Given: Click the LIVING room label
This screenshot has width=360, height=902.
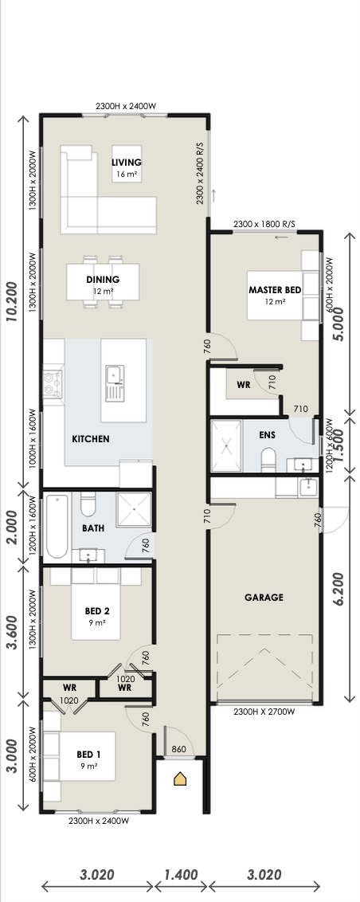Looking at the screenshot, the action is tap(127, 163).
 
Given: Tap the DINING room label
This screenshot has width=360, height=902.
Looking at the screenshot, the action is tap(103, 280).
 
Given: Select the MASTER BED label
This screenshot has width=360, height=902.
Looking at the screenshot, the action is tap(275, 290).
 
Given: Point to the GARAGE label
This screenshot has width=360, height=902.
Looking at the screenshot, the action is tap(264, 598).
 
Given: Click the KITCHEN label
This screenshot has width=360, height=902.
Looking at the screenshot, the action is tap(90, 439).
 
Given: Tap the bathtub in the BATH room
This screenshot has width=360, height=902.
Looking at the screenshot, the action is tap(57, 527).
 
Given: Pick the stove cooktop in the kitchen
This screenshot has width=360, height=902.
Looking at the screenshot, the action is tap(53, 385).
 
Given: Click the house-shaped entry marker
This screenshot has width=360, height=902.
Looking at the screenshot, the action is tap(180, 779).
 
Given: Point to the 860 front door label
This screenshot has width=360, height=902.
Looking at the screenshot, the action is tap(179, 749).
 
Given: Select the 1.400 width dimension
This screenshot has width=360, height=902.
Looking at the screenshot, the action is tap(181, 875).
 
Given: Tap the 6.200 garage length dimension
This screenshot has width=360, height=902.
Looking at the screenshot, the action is tap(338, 589).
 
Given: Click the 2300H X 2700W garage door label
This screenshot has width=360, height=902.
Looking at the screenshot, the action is tap(264, 712).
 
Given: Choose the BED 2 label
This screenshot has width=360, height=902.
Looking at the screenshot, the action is tap(96, 611).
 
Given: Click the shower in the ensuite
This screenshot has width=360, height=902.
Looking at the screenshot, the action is tap(227, 446).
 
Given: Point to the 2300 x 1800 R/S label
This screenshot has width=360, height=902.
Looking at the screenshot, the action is tap(264, 224).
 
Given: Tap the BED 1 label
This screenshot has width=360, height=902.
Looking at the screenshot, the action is tap(88, 755).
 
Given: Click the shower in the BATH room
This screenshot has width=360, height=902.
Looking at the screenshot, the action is tap(134, 509).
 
